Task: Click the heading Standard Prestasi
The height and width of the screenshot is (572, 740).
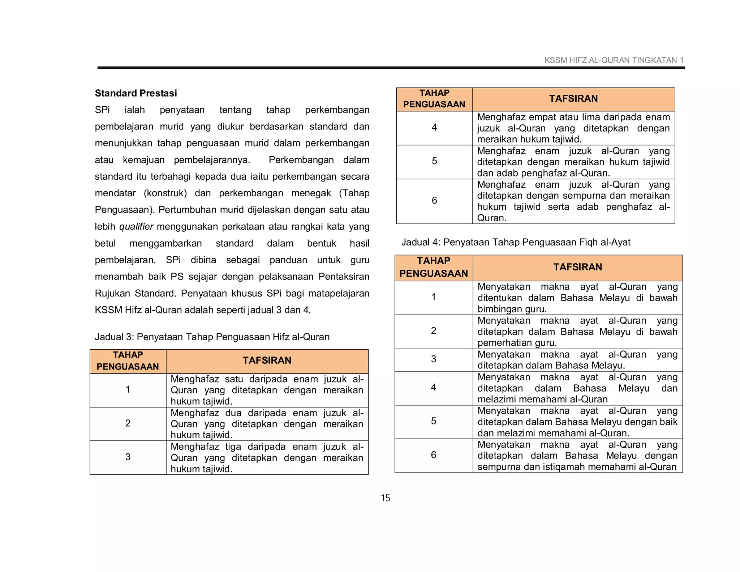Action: (136, 93)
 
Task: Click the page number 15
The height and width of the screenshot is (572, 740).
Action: (385, 498)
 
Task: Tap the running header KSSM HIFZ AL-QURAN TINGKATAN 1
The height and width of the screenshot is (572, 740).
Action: (614, 60)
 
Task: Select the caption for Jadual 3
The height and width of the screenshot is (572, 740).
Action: (212, 337)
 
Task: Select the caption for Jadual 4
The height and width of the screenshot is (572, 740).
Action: (516, 242)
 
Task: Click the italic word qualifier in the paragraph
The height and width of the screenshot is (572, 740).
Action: (136, 227)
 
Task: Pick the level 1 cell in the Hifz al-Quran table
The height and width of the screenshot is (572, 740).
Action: (128, 389)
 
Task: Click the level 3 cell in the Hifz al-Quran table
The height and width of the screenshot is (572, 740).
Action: (128, 457)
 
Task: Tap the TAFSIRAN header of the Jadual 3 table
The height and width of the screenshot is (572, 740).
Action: (267, 360)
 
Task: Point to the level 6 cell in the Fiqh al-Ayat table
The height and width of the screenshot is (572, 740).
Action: (434, 455)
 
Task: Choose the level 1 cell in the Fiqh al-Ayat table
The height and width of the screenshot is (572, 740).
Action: (434, 297)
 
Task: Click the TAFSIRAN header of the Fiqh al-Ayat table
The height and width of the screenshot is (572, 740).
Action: (577, 267)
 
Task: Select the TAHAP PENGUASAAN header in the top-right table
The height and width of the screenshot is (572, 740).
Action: (434, 99)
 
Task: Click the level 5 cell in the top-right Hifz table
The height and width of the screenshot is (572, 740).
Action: (434, 161)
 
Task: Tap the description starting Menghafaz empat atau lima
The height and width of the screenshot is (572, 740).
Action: (573, 128)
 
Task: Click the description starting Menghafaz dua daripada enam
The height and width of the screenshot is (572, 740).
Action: (267, 424)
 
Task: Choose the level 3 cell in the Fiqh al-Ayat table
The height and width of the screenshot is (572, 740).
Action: (434, 359)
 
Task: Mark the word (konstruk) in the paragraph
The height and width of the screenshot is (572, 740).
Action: (165, 193)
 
